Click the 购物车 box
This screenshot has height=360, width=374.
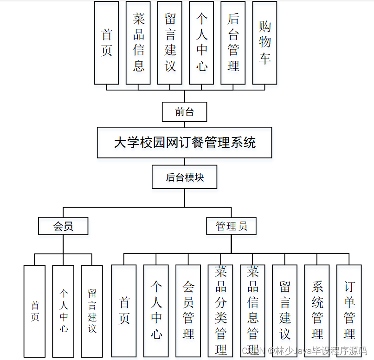coord(264,43)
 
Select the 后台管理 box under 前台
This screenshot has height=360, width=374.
coord(233,43)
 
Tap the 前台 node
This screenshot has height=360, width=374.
coord(184,112)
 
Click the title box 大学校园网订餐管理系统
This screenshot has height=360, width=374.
coord(184,142)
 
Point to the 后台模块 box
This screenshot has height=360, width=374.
coord(184,177)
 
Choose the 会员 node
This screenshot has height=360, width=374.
coord(63,226)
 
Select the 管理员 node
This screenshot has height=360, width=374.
coord(231,226)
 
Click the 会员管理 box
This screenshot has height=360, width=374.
coord(188,310)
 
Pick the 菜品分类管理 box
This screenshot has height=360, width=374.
coord(220,310)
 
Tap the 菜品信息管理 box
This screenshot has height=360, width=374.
coord(252,310)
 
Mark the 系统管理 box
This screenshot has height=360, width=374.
coord(317,310)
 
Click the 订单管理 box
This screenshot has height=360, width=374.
coord(349,310)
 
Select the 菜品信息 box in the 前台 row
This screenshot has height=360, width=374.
coord(138,43)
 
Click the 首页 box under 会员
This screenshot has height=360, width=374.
coord(35,311)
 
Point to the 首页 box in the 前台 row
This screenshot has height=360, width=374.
coord(106,43)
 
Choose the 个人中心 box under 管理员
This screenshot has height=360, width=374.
coord(156,310)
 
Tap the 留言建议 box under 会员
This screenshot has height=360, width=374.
coord(92,311)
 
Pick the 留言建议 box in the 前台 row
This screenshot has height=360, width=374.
coord(170,43)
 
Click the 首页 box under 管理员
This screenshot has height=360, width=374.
coord(124,310)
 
